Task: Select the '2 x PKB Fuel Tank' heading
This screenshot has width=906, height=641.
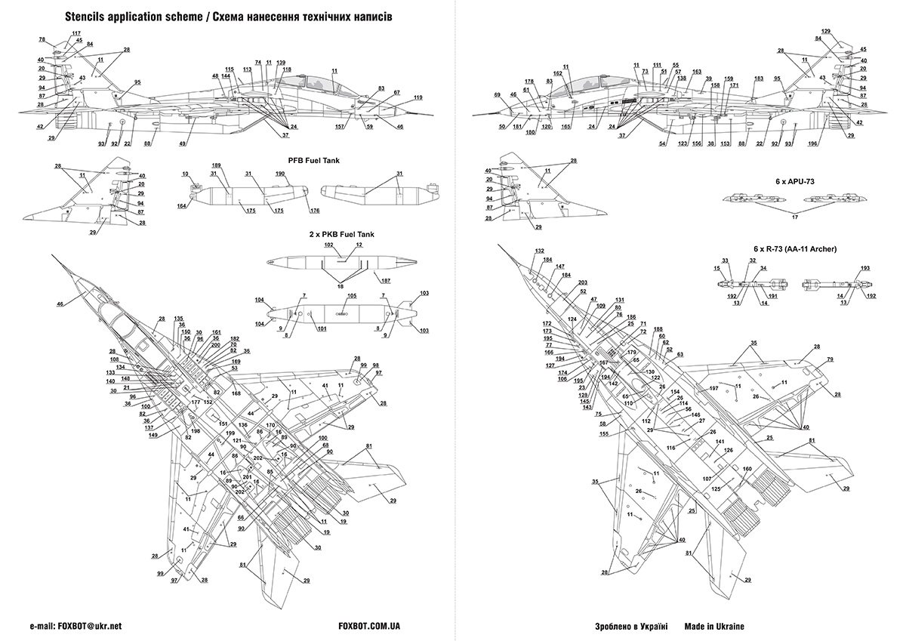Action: point(341,235)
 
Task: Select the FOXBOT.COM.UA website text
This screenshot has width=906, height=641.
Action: point(370,627)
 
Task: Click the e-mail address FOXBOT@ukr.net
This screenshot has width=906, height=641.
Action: point(94,627)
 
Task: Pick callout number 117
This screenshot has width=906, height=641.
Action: point(76,33)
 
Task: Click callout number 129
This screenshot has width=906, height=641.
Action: point(826,31)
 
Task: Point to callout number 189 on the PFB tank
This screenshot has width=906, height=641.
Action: point(217,165)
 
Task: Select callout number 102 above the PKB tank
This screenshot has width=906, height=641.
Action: point(329,245)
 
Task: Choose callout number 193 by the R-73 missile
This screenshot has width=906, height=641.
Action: point(865,269)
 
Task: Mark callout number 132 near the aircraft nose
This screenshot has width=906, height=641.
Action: point(539,251)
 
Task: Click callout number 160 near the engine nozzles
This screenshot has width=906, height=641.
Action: point(747,469)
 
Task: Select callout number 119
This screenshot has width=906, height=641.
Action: point(418,97)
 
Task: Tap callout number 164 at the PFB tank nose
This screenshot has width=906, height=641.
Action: point(182,206)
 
